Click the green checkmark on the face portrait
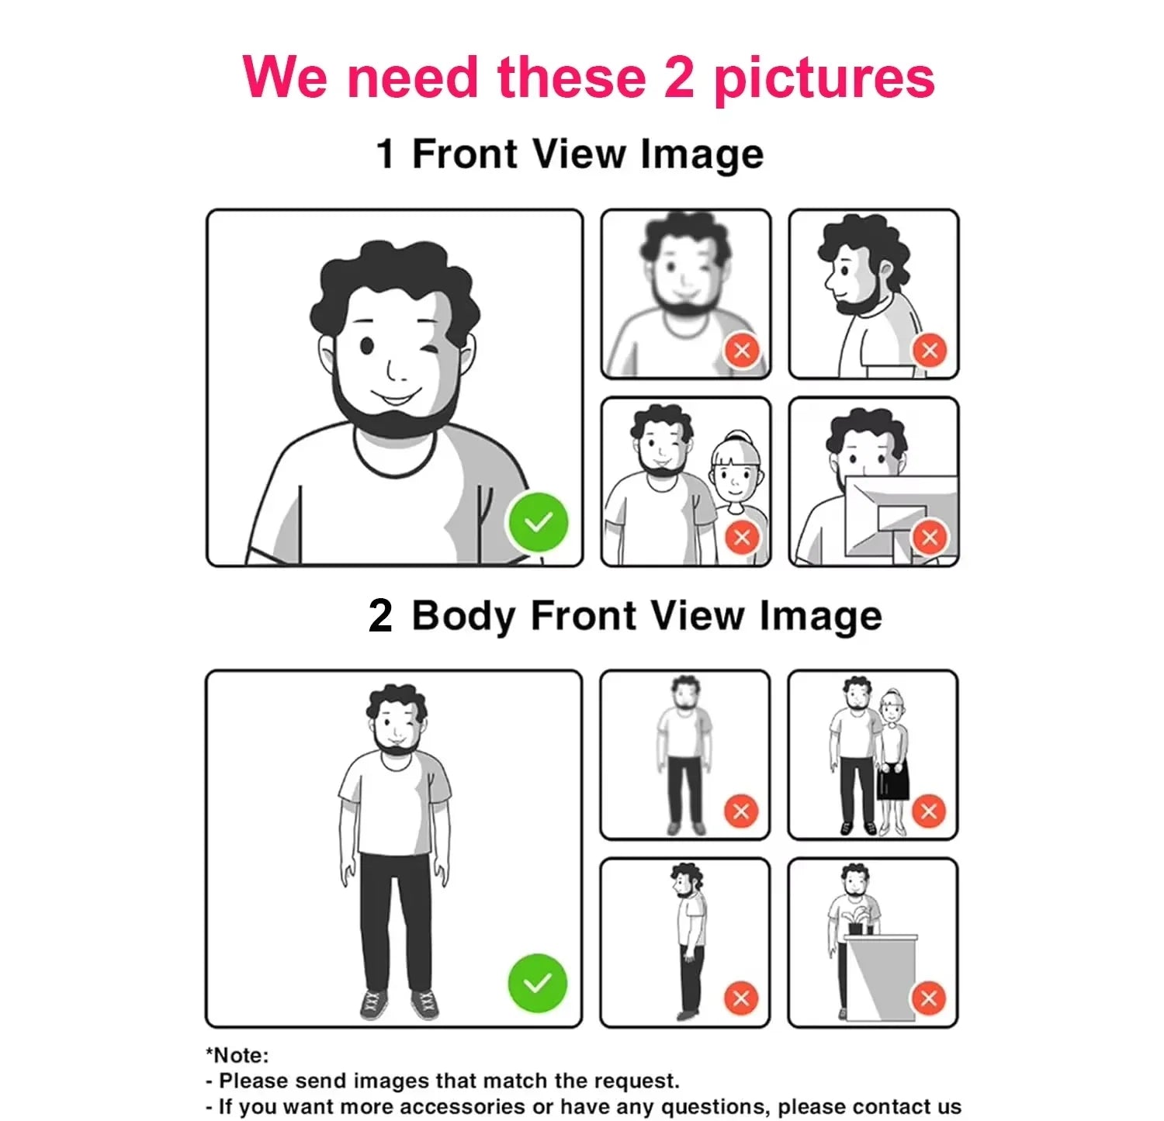(x=537, y=522)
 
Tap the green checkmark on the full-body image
(x=537, y=983)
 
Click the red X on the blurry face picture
(x=742, y=350)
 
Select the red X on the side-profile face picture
(x=930, y=350)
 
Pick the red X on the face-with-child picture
(x=742, y=537)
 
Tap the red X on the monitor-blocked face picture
(x=930, y=537)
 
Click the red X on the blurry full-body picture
(x=741, y=811)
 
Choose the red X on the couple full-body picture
(x=929, y=811)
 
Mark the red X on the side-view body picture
(x=741, y=998)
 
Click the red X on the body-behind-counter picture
(x=929, y=998)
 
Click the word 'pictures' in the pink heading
(x=823, y=79)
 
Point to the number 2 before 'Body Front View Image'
(x=380, y=617)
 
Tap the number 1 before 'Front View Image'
(x=386, y=153)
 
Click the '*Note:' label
(x=237, y=1055)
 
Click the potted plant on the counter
(x=858, y=919)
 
